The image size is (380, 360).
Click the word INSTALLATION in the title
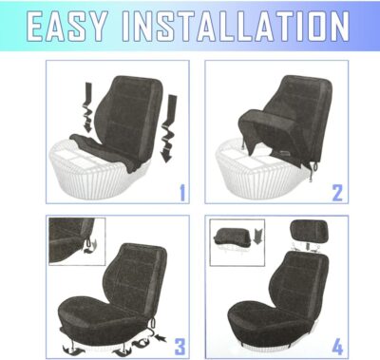tap(250, 27)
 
